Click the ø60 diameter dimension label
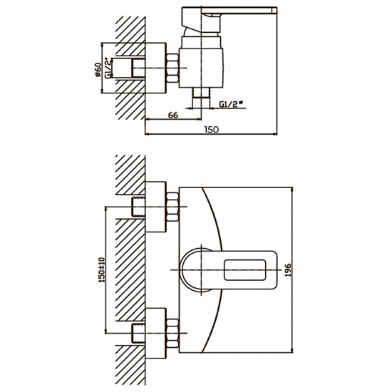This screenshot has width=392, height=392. click(98, 70)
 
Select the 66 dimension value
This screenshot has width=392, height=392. click(173, 115)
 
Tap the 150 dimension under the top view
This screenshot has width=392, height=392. click(212, 130)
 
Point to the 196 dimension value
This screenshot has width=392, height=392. click(288, 270)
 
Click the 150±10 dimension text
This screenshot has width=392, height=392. click(102, 270)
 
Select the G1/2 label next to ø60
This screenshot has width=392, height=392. click(108, 68)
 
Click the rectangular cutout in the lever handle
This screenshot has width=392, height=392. click(244, 270)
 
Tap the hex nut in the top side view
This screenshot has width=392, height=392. click(172, 68)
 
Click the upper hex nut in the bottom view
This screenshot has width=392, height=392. click(172, 207)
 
